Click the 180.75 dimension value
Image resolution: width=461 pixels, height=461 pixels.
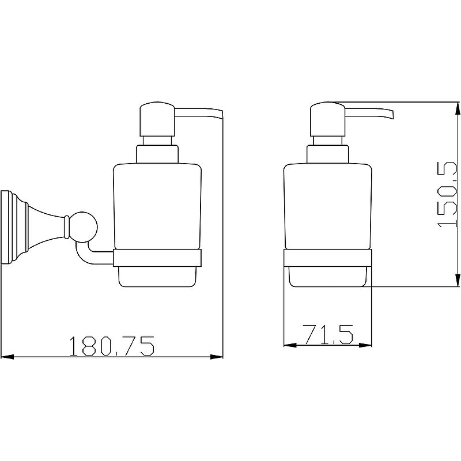(x=112, y=346)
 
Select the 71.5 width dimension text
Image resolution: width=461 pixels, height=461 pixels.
(x=328, y=334)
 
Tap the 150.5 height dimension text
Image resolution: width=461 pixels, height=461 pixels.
(x=448, y=194)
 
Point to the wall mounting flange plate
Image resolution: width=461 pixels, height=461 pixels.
(x=5, y=227)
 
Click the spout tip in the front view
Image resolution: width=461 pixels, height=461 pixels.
(x=391, y=115)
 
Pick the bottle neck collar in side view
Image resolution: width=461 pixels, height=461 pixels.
(x=157, y=154)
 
